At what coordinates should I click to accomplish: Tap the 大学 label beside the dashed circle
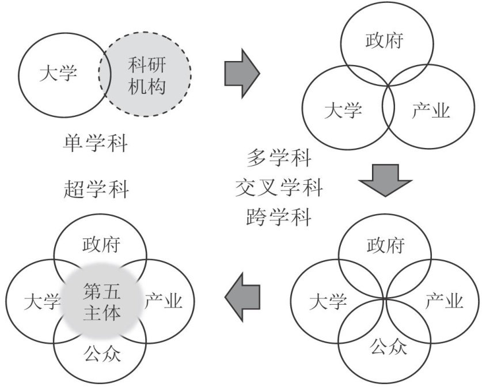point(58,74)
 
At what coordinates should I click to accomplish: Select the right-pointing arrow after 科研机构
point(241,72)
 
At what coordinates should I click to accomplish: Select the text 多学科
point(279,157)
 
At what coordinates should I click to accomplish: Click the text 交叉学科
point(279,187)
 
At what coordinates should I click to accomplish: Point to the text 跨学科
point(279,218)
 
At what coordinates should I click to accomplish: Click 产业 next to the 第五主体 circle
point(163,301)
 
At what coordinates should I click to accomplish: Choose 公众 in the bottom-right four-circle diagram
point(385,347)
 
